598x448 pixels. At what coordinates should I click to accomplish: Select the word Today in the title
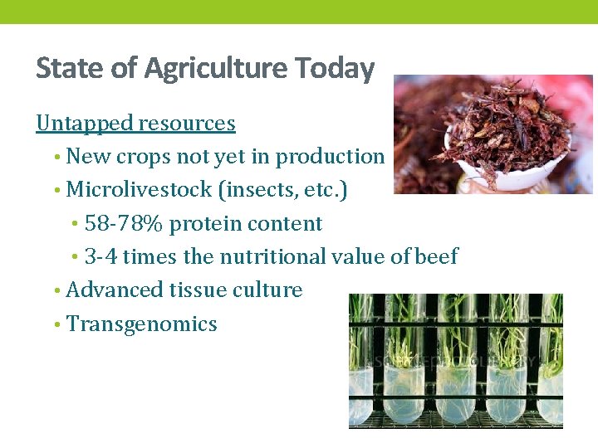pyautogui.click(x=336, y=68)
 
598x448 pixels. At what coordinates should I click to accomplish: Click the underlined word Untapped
pyautogui.click(x=84, y=124)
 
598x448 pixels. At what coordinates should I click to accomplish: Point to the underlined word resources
pyautogui.click(x=186, y=124)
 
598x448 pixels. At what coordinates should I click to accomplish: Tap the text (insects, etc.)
pyautogui.click(x=282, y=190)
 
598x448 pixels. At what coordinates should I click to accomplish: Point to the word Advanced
pyautogui.click(x=114, y=290)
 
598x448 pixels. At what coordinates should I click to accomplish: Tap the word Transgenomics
pyautogui.click(x=141, y=324)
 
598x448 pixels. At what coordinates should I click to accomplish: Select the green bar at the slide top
pyautogui.click(x=299, y=12)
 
